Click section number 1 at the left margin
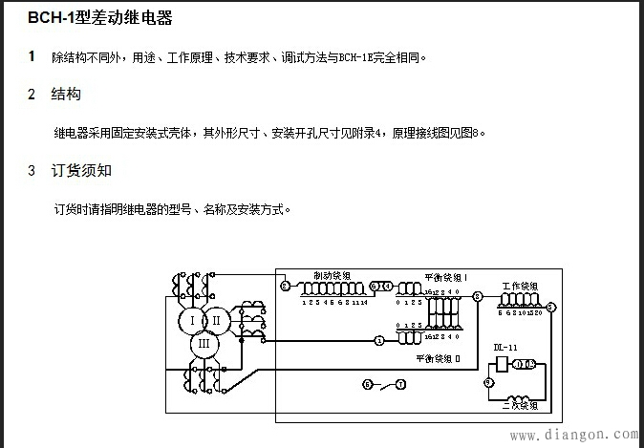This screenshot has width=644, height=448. (32, 56)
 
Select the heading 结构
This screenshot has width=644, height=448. (65, 94)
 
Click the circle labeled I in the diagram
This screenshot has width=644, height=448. (193, 320)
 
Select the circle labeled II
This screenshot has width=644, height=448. (217, 320)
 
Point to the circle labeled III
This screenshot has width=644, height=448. (203, 343)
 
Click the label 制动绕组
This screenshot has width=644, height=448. (329, 276)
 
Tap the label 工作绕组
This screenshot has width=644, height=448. (519, 287)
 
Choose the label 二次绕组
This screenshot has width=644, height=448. (519, 406)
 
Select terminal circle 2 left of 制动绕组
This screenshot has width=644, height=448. (284, 286)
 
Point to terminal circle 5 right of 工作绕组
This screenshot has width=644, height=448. (552, 306)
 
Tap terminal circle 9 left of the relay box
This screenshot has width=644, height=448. (487, 381)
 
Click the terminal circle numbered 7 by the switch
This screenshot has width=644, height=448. (400, 384)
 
